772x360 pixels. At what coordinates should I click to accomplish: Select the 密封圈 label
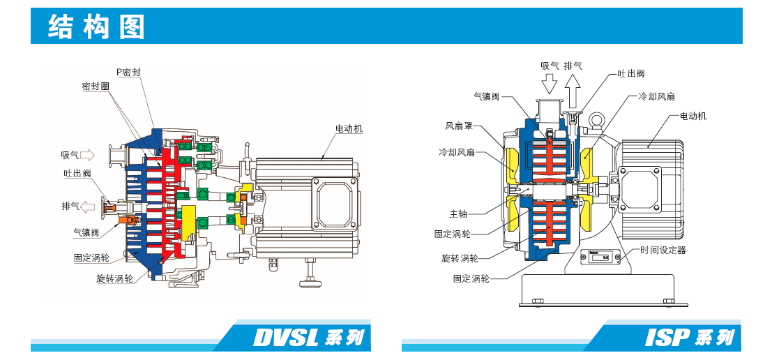click(x=96, y=87)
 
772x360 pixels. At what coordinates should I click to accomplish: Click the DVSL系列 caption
click(x=308, y=338)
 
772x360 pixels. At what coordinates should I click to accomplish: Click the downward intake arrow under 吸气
click(x=550, y=84)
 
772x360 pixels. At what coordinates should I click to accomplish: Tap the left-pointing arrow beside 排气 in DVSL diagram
click(x=87, y=207)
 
